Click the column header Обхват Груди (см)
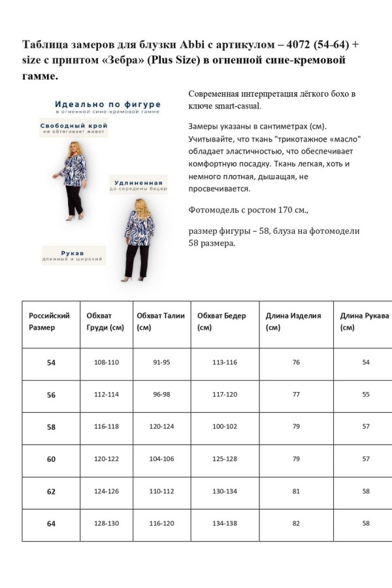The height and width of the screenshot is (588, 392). pyautogui.click(x=105, y=321)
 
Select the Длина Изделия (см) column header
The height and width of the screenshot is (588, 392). pyautogui.click(x=293, y=321)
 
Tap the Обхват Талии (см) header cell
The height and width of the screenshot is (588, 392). pyautogui.click(x=161, y=321)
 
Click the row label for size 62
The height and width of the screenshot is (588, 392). pyautogui.click(x=51, y=491)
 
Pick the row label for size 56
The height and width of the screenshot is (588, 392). pyautogui.click(x=51, y=395)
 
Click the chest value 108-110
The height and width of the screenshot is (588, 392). pyautogui.click(x=106, y=362)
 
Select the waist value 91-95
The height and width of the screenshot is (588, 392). pyautogui.click(x=161, y=362)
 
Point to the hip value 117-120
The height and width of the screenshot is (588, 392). pyautogui.click(x=225, y=395)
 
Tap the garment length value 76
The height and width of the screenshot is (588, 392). pyautogui.click(x=296, y=362)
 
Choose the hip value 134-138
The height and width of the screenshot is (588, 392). pyautogui.click(x=225, y=523)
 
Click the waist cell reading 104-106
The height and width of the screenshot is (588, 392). pyautogui.click(x=161, y=459)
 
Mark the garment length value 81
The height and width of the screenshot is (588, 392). pyautogui.click(x=296, y=491)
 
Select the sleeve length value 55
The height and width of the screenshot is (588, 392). pyautogui.click(x=366, y=395)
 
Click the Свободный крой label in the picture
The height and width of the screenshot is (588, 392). pyautogui.click(x=74, y=125)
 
